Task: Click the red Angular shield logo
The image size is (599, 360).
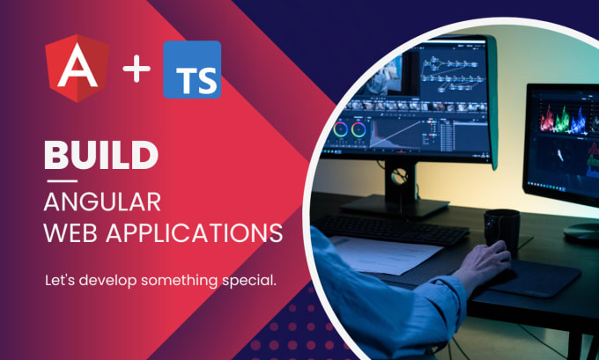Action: (78, 69)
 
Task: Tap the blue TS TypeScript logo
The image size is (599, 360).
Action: (192, 70)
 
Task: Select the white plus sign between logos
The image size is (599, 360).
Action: (137, 69)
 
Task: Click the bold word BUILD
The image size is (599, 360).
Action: (100, 155)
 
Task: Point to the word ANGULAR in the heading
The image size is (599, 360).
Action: (102, 202)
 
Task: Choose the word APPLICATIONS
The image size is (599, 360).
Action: (194, 232)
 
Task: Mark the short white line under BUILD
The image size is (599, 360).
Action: (62, 181)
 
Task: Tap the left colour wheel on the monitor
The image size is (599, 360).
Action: (340, 129)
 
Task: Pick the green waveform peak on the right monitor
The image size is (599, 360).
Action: (563, 119)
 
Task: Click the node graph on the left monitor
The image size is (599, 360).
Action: (452, 73)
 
